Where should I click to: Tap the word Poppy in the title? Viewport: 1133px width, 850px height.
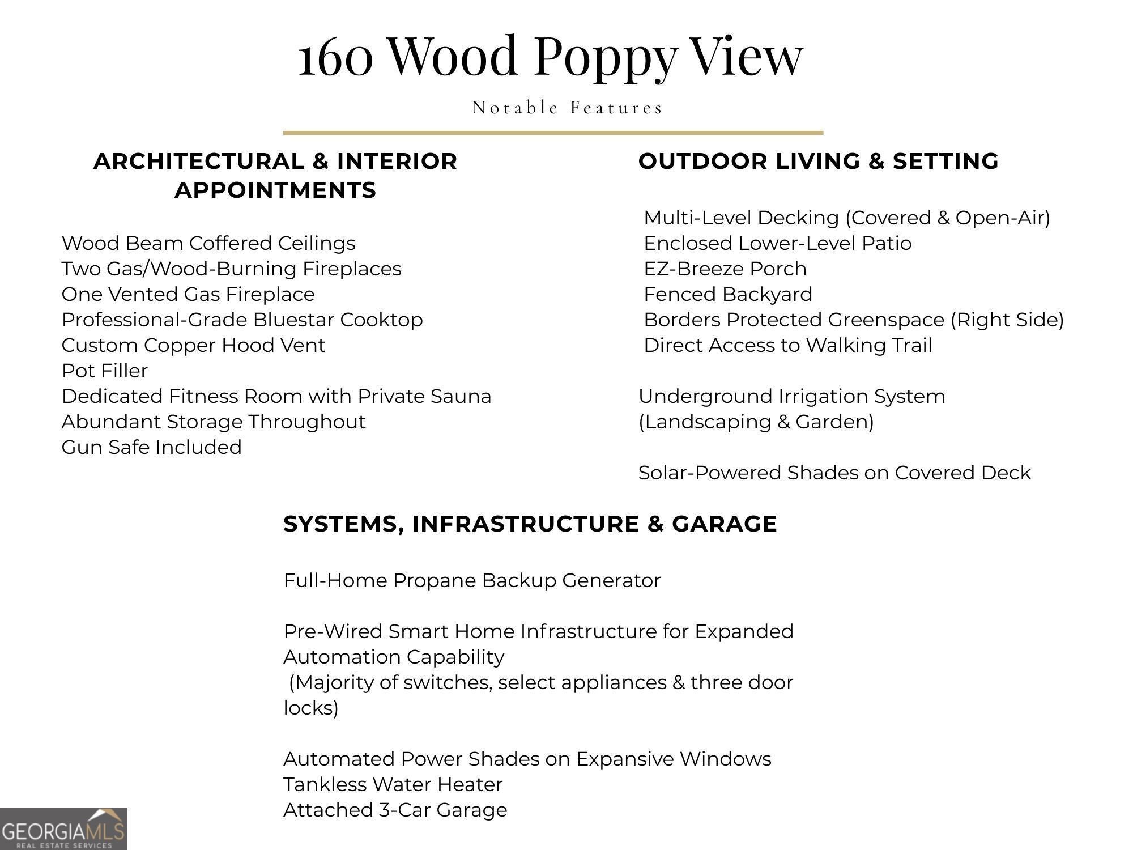tap(605, 57)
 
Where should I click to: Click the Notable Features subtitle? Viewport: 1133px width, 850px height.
tap(567, 107)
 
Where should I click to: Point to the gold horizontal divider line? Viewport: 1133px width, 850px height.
tap(553, 133)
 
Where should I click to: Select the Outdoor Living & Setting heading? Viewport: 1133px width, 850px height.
tap(818, 161)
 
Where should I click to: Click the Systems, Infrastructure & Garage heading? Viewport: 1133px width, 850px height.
tap(530, 524)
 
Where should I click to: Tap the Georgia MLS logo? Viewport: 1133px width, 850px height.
tap(63, 828)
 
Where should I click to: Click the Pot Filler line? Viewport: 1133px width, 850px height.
tap(105, 371)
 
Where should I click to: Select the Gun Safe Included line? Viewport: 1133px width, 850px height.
tap(152, 447)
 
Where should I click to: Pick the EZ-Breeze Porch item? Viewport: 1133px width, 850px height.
tap(725, 269)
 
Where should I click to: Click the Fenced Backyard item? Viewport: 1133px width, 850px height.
tap(728, 294)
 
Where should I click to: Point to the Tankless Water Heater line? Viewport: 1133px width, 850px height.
tap(393, 784)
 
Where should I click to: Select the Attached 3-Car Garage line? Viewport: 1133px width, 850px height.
tap(395, 810)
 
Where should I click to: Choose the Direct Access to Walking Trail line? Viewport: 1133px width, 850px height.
tap(787, 345)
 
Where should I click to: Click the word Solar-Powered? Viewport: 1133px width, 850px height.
tap(709, 473)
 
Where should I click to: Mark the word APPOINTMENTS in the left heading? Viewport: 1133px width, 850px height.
tap(275, 190)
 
